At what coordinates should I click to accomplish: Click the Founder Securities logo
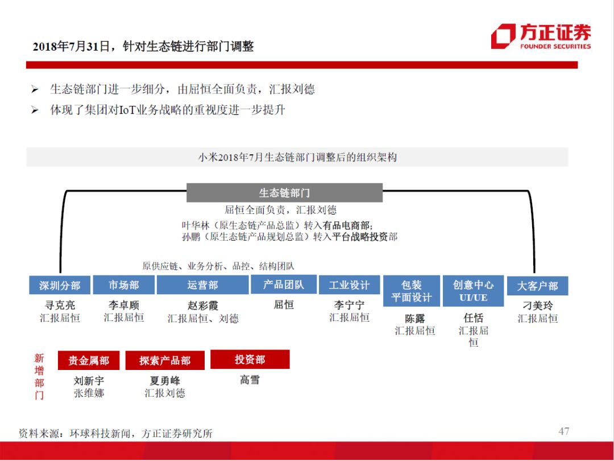(541, 36)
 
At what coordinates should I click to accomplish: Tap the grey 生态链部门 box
(284, 193)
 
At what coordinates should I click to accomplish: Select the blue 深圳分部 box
(60, 285)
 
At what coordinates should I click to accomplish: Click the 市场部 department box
(123, 285)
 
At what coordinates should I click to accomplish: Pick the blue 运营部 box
(202, 285)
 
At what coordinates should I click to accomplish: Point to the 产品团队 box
(284, 285)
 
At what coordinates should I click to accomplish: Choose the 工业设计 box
(349, 285)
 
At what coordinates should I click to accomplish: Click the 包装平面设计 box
(412, 291)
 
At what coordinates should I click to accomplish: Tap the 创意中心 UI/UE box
(473, 291)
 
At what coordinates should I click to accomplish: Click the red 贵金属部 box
(89, 360)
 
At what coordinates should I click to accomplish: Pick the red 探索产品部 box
(165, 360)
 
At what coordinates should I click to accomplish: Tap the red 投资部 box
(250, 360)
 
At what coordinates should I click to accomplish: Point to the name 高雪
(250, 380)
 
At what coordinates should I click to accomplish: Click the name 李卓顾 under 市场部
(123, 305)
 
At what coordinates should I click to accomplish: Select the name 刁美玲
(537, 306)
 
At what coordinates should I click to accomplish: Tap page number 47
(563, 431)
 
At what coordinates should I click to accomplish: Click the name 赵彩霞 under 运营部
(202, 306)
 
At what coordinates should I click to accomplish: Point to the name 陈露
(414, 318)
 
